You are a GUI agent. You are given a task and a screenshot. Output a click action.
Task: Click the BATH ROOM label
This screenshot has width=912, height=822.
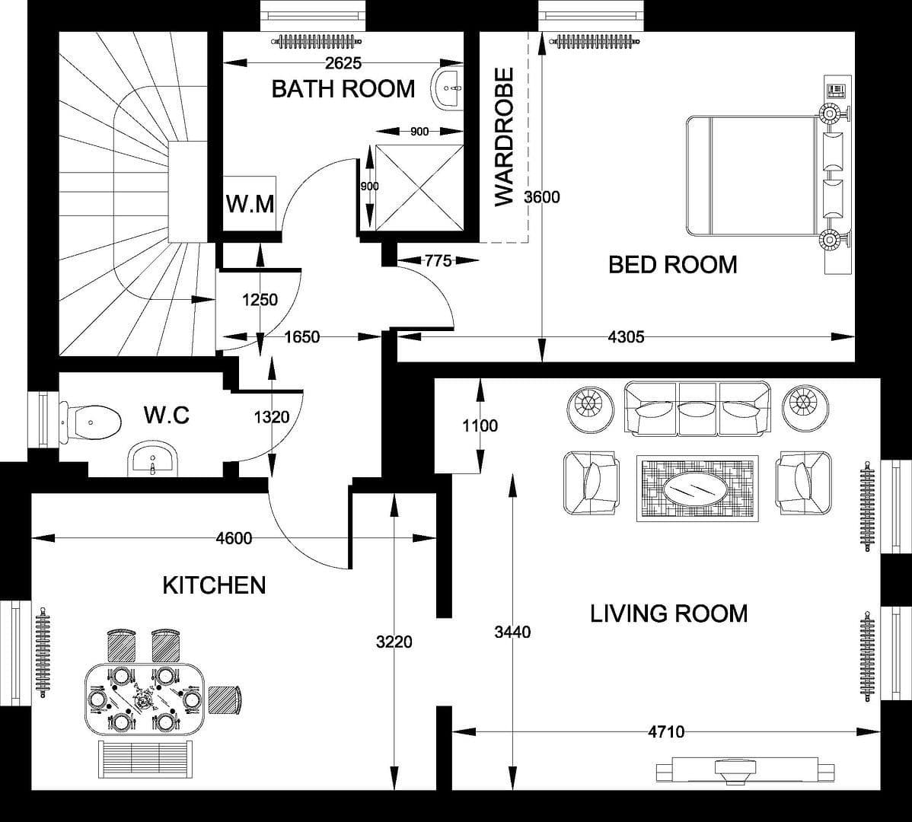tap(343, 89)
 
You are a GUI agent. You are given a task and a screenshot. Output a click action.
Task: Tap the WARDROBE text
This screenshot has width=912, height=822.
tap(505, 137)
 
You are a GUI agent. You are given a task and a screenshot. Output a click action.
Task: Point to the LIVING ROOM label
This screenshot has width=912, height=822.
tap(668, 613)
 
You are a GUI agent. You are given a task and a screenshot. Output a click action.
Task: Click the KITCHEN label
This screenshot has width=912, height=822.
tap(214, 585)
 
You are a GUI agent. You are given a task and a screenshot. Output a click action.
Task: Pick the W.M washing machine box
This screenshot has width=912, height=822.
tap(250, 203)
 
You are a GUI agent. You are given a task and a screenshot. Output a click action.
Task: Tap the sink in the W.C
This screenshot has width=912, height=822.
tap(153, 460)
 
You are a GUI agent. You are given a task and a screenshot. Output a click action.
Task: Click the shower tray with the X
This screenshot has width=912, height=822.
tap(419, 186)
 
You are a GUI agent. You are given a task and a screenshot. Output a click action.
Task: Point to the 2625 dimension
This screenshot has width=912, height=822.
tap(343, 63)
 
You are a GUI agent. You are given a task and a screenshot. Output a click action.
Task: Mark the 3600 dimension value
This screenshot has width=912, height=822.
tap(542, 197)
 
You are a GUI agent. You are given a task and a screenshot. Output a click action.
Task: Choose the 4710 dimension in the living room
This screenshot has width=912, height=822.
tap(665, 732)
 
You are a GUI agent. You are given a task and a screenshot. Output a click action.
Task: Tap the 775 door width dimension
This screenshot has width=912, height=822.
tap(438, 261)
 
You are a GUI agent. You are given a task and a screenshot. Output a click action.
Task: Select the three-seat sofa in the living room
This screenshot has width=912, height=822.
tap(697, 409)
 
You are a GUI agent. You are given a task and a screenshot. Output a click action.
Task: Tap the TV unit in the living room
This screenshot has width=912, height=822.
tap(736, 770)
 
